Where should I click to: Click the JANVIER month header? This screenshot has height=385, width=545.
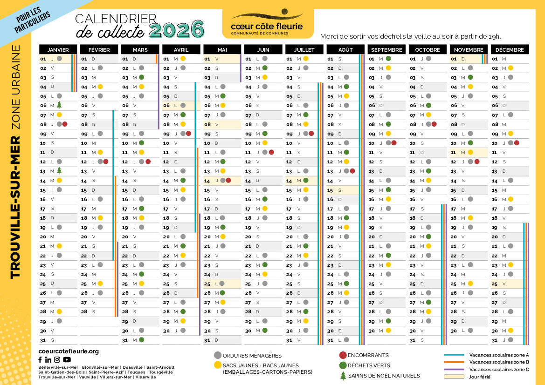58,49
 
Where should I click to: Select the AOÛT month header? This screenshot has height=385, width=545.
345,49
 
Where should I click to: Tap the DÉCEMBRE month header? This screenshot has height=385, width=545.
510,49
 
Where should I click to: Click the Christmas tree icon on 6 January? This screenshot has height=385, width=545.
59,105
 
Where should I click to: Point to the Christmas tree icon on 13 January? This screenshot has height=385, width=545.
59,171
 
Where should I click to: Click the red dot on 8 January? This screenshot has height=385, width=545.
65,124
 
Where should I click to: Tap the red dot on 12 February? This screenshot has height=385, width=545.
106,162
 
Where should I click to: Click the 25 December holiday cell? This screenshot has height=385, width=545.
510,284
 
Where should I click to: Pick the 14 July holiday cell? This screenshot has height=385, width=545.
304,180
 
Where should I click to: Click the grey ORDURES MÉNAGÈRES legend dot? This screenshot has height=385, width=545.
217,355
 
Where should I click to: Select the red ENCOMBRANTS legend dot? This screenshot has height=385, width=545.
343,355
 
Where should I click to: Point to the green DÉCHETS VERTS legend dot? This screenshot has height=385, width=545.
343,365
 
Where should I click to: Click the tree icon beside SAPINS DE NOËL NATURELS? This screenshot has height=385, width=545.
343,376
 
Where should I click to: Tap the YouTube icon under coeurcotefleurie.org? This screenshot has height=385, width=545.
67,359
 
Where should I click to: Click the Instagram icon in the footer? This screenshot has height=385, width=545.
57,359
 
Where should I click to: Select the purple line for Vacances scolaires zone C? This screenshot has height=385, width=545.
454,369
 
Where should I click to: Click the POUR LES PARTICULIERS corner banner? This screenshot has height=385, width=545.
33,21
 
